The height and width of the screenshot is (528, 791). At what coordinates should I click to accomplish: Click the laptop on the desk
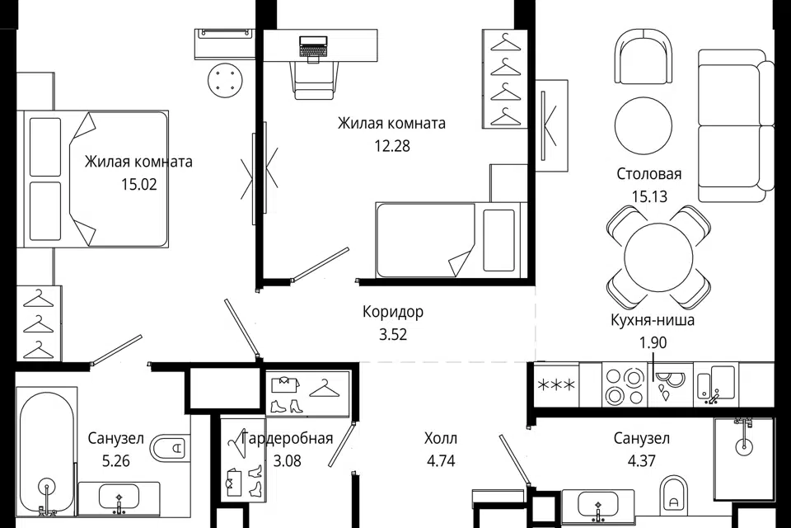tap(313, 47)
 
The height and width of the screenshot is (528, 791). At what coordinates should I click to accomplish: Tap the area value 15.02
tap(138, 185)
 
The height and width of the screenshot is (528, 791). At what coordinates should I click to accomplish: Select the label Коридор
tap(393, 312)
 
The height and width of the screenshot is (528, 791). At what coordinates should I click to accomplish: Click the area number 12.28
tap(392, 146)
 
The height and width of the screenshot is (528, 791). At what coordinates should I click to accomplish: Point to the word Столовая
tap(648, 174)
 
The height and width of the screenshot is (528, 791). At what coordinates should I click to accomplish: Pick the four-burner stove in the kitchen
tap(624, 385)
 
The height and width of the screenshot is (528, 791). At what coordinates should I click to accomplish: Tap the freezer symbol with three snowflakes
tap(556, 385)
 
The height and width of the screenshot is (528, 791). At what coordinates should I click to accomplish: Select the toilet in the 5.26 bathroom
tap(169, 446)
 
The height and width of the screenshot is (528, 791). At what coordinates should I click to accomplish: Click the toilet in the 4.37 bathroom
tap(673, 493)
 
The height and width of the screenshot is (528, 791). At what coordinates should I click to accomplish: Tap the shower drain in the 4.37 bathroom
tap(743, 445)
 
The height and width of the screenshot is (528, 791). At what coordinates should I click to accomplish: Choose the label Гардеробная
tap(287, 438)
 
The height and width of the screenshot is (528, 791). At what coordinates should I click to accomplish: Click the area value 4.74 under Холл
tap(441, 461)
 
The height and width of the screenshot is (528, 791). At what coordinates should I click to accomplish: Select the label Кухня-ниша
tap(653, 320)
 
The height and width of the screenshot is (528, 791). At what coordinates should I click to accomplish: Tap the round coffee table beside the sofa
tap(644, 125)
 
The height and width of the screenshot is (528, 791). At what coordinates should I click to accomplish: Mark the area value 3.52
tap(393, 334)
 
